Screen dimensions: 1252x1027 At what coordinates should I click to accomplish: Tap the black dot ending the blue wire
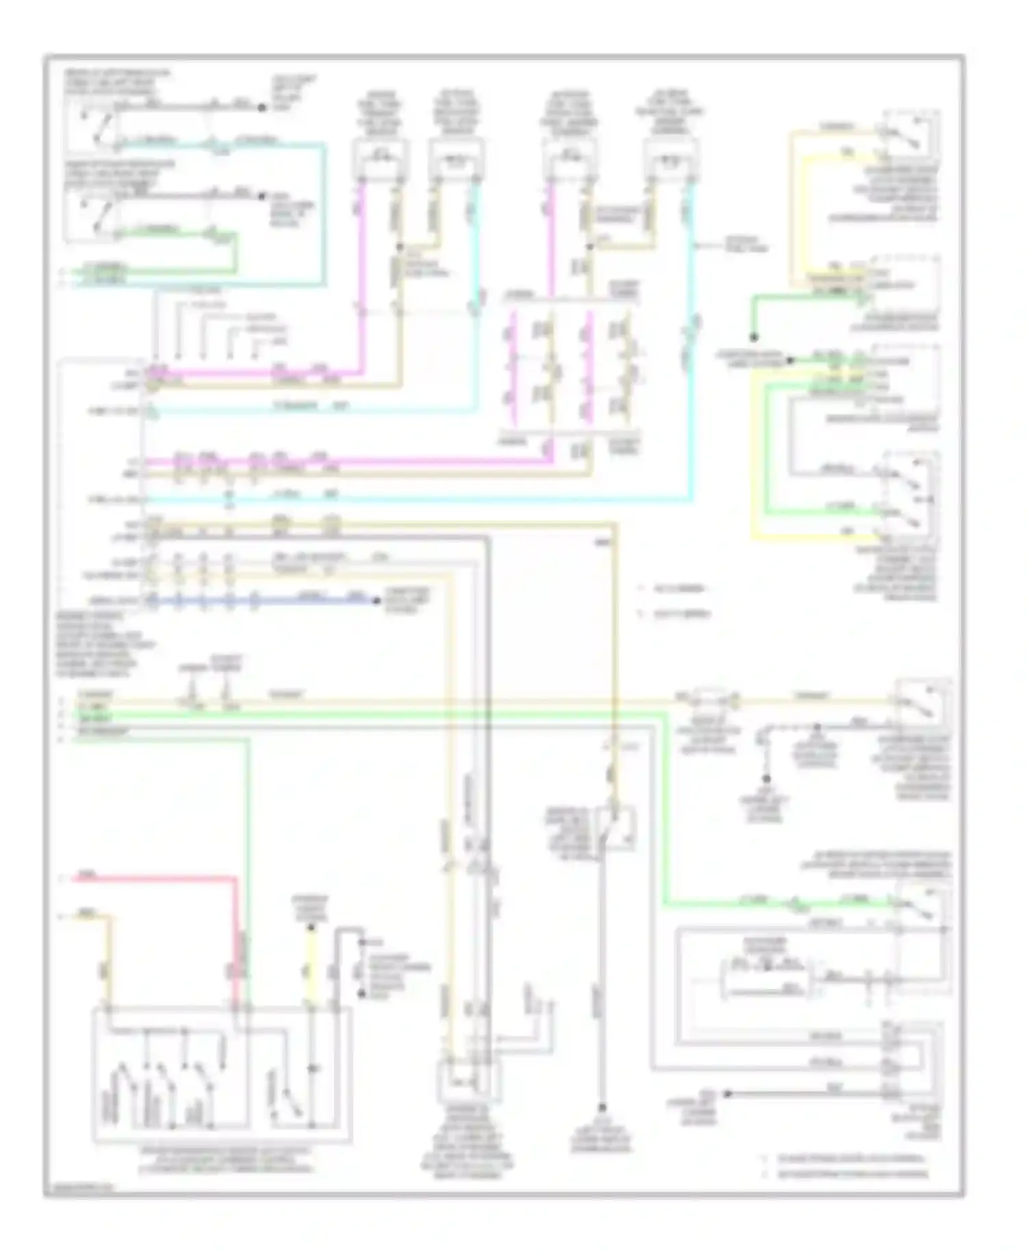click(376, 601)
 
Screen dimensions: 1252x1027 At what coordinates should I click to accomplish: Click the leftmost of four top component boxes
click(380, 159)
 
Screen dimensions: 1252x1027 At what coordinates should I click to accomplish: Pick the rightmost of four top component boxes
click(672, 159)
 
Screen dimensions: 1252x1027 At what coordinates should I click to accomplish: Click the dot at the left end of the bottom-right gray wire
click(728, 1094)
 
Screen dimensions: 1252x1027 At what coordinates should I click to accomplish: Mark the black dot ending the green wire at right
click(753, 337)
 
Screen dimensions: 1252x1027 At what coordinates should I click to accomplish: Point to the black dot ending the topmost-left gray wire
click(261, 108)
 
